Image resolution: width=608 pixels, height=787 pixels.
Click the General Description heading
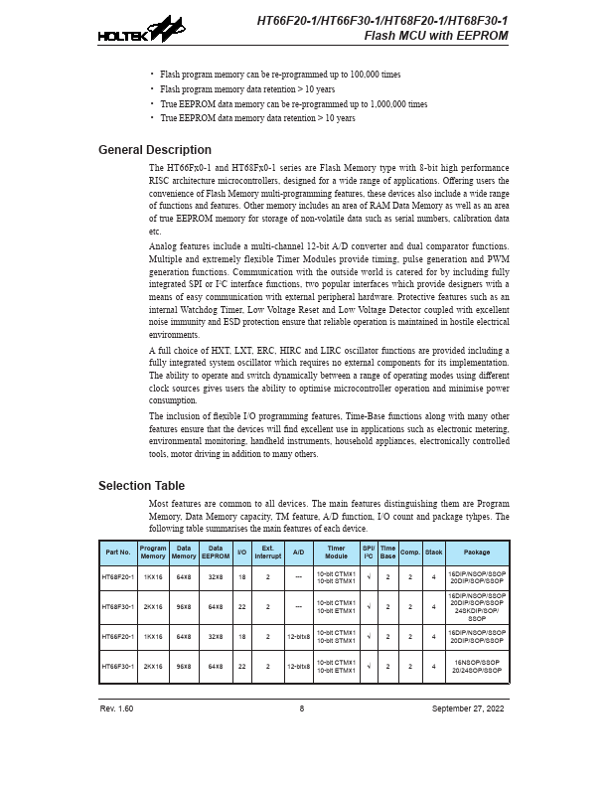coord(154,150)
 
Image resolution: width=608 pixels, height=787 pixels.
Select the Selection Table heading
coord(141,486)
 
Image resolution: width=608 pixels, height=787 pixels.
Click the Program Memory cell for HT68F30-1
coord(153,606)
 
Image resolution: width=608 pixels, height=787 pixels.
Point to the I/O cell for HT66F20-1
coord(241,637)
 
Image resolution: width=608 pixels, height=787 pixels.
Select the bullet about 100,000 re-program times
coord(280,75)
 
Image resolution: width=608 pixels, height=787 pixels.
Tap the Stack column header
coord(434,552)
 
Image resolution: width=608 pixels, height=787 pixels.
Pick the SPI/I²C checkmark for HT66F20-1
coord(368,637)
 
